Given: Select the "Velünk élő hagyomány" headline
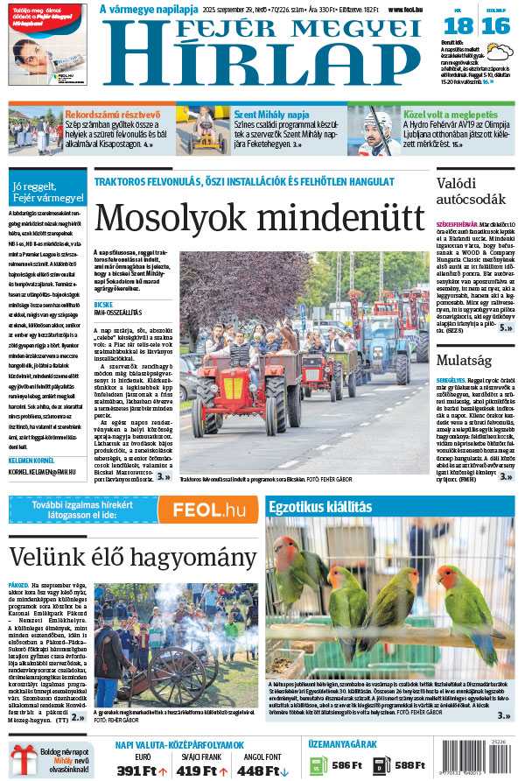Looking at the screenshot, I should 132,557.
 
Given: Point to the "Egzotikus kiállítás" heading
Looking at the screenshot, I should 321,507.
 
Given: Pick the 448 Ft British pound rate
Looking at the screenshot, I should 259,770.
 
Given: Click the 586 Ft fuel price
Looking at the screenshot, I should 346,764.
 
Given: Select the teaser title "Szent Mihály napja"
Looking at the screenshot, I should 271,114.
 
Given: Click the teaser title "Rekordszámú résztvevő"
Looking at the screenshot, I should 113,114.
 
